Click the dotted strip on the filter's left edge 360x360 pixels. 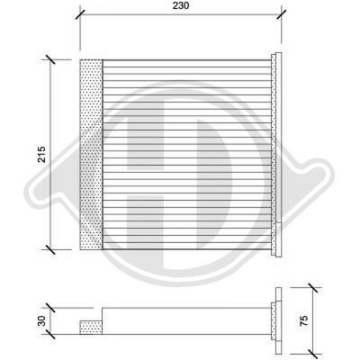93,154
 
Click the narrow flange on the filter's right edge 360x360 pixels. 275,154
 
